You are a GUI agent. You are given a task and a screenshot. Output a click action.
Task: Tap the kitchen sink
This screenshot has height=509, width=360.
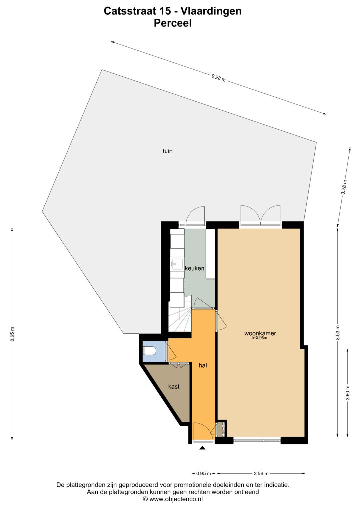click(x=177, y=264)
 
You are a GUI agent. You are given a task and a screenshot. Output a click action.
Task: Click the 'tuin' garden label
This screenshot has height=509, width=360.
click(x=167, y=151)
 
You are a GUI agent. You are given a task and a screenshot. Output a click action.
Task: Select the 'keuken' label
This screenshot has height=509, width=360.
click(x=195, y=268)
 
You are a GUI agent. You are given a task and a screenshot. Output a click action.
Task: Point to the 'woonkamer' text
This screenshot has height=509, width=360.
click(x=260, y=333)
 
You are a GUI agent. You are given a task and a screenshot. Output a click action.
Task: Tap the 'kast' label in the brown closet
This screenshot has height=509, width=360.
click(x=174, y=387)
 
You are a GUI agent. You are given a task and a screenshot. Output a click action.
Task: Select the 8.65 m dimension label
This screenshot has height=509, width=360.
click(x=13, y=334)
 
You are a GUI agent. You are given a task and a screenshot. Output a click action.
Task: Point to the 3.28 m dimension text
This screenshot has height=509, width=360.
click(x=344, y=187)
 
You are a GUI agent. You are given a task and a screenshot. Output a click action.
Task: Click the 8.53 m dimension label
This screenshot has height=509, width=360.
click(x=338, y=333)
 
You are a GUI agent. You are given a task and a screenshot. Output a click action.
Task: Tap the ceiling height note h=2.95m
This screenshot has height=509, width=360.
click(x=259, y=338)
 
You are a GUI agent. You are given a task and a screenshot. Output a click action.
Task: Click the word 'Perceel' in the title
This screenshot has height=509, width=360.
click(x=173, y=23)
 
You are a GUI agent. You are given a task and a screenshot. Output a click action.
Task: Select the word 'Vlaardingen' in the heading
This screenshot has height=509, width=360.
click(x=211, y=11)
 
